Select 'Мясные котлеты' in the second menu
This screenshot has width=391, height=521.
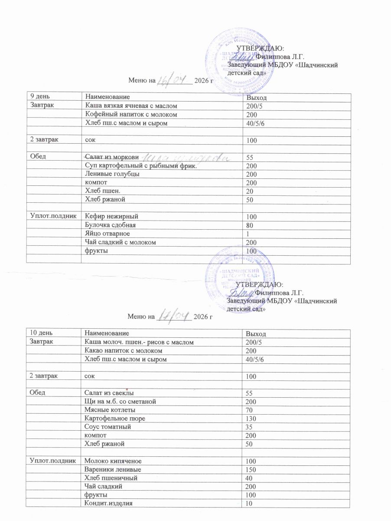[x=109, y=409]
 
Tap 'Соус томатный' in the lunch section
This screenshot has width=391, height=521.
[x=108, y=427]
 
